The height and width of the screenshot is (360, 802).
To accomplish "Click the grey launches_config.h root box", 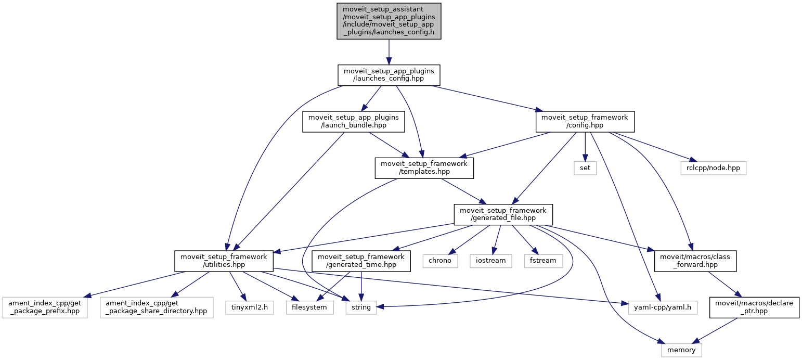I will (x=389, y=21).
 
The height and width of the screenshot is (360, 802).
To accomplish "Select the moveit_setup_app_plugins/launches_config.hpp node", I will (x=389, y=75).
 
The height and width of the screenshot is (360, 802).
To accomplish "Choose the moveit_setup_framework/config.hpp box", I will (x=585, y=121).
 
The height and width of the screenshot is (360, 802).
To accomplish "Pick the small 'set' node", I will (x=585, y=168).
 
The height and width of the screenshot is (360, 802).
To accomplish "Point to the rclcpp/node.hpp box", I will (x=713, y=168).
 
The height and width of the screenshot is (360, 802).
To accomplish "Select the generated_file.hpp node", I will (x=503, y=214).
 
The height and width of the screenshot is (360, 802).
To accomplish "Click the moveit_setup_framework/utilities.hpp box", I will (x=224, y=260).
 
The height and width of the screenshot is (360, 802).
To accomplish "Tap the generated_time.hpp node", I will (x=361, y=260).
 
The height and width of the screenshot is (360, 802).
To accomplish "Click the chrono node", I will (x=440, y=260).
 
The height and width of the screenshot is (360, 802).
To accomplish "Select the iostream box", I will (x=490, y=260).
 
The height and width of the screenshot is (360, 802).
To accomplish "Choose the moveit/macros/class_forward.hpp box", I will (x=695, y=260).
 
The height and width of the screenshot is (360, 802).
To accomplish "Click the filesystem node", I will (x=310, y=307).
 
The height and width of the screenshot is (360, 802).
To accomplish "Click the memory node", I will (x=681, y=350).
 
